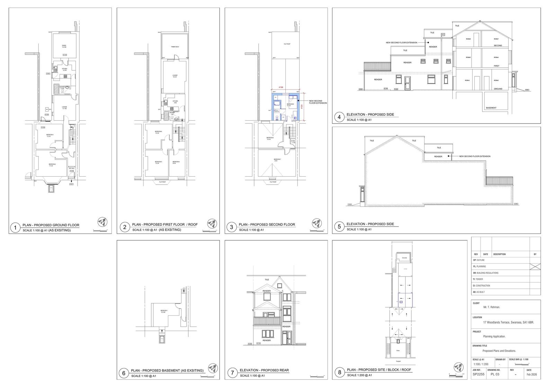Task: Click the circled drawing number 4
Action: pyautogui.click(x=339, y=117)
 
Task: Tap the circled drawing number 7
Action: pyautogui.click(x=232, y=373)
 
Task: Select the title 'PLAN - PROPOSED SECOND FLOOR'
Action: pyautogui.click(x=267, y=224)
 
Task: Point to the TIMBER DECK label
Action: pyautogui.click(x=175, y=47)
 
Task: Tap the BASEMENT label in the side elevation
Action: pyautogui.click(x=491, y=108)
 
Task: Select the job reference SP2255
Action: pyautogui.click(x=477, y=375)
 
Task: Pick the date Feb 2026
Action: pyautogui.click(x=531, y=375)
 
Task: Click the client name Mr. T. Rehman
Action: pyautogui.click(x=492, y=307)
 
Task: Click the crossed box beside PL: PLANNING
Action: pyautogui.click(x=535, y=266)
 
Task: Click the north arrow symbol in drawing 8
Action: pyautogui.click(x=459, y=367)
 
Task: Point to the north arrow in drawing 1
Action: pyautogui.click(x=102, y=222)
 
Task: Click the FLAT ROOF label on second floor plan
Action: pyautogui.click(x=287, y=44)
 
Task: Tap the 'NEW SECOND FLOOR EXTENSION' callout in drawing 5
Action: pyautogui.click(x=474, y=156)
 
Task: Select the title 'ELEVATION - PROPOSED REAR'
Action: pyautogui.click(x=264, y=370)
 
